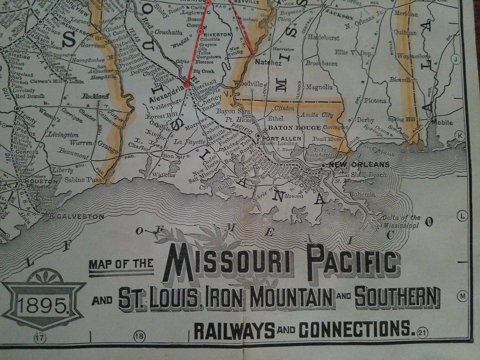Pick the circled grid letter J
pos(456,60)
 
